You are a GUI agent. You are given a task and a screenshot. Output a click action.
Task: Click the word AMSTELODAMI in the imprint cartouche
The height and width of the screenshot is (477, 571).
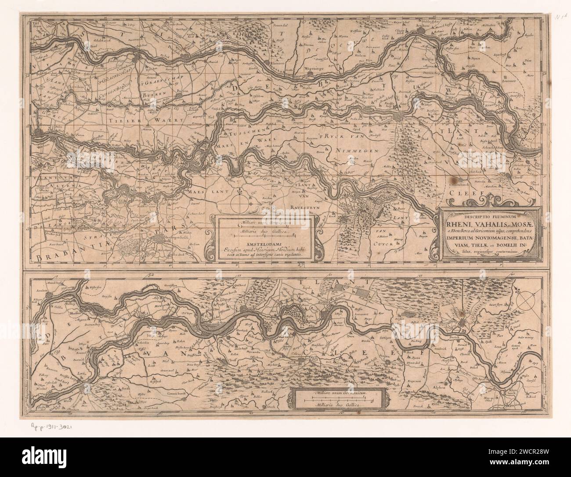(265, 241)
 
